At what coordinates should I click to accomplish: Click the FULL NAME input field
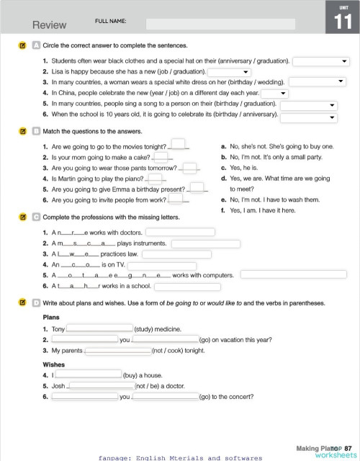pyautogui.click(x=220, y=24)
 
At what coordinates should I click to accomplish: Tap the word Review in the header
pyautogui.click(x=50, y=24)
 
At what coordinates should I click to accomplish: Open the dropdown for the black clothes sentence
pyautogui.click(x=320, y=61)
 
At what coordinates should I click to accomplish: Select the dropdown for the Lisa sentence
pyautogui.click(x=229, y=72)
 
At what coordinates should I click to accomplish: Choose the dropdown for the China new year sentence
pyautogui.click(x=274, y=94)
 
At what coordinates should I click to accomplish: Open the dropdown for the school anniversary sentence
pyautogui.click(x=308, y=115)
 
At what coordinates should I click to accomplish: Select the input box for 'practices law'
pyautogui.click(x=173, y=254)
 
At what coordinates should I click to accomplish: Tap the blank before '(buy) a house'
pyautogui.click(x=88, y=375)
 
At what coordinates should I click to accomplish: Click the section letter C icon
pyautogui.click(x=36, y=217)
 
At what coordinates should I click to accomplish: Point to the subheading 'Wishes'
pyautogui.click(x=53, y=364)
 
